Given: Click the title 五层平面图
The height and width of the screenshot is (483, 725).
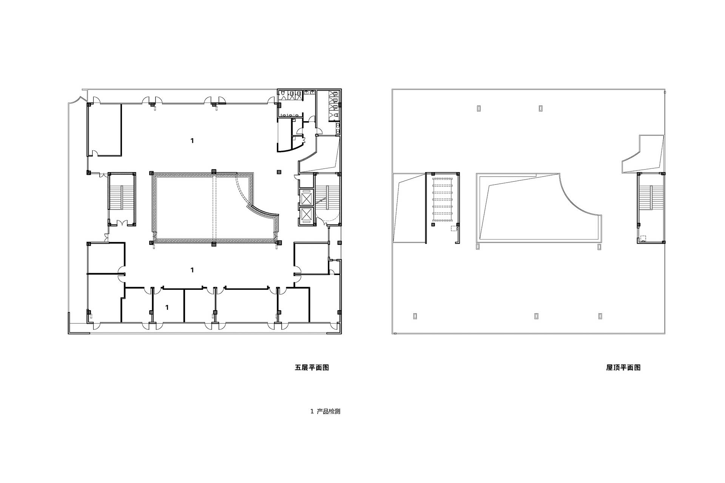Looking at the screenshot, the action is click(x=312, y=368).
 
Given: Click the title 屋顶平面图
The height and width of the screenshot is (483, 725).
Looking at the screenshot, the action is click(x=623, y=368).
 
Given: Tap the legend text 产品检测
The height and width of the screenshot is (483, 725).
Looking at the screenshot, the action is click(x=329, y=411).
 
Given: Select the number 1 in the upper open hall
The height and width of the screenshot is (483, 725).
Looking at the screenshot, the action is click(x=192, y=141).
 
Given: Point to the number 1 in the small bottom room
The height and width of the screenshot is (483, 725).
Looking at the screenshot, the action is click(x=167, y=308).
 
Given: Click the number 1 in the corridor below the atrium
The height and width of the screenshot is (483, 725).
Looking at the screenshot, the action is click(x=192, y=270).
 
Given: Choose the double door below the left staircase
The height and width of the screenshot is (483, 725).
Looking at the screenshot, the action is click(x=122, y=223).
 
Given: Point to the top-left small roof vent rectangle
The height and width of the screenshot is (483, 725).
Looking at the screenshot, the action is click(x=478, y=108).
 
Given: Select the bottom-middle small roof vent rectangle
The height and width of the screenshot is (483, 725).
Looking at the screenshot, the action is click(x=537, y=316).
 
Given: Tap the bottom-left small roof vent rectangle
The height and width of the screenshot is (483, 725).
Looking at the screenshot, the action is click(x=415, y=316).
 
